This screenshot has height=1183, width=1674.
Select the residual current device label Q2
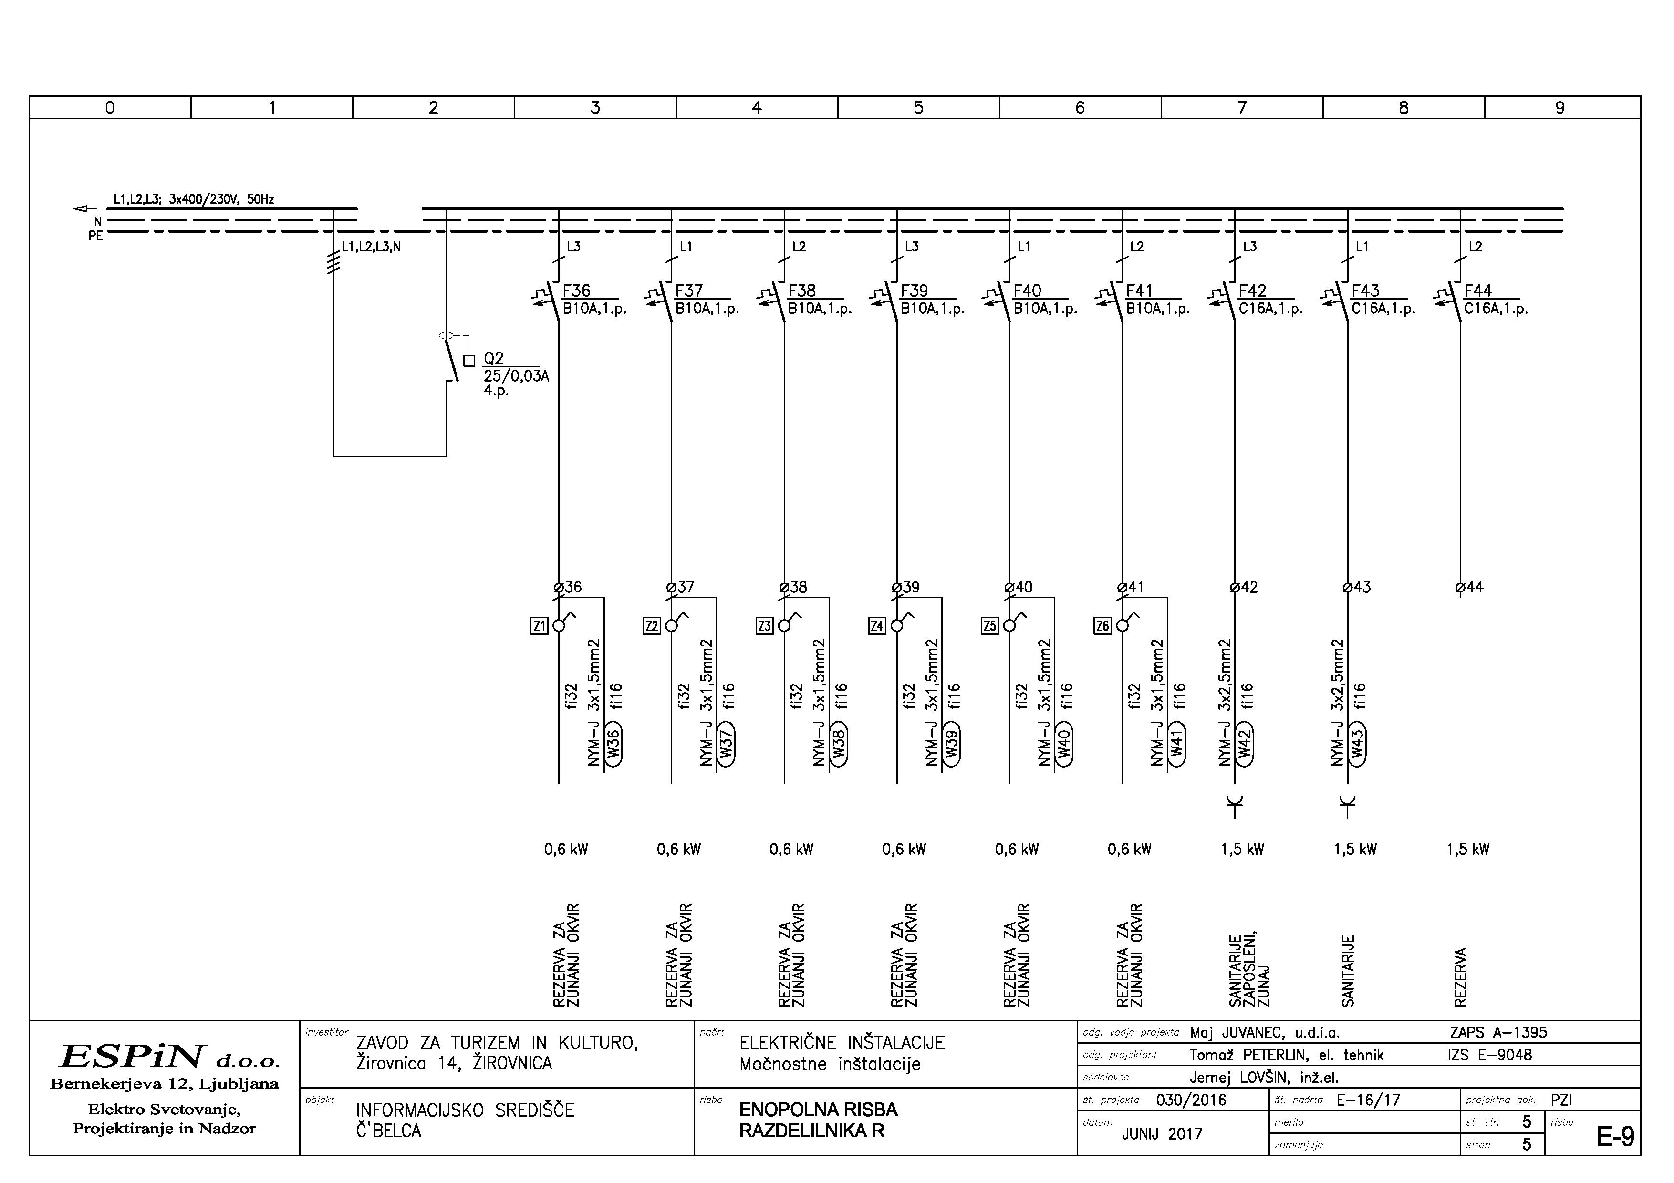[x=494, y=359]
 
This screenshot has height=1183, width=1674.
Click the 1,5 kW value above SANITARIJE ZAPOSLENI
[x=1242, y=849]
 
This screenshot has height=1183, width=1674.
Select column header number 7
[x=1242, y=108]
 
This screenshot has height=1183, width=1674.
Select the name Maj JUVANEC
[x=1237, y=1033]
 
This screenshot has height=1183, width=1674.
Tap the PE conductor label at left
[x=95, y=236]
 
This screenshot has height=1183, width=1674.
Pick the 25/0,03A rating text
[x=516, y=376]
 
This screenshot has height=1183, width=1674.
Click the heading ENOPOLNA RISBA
[x=818, y=1110]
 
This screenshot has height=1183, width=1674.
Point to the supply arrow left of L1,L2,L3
[x=81, y=209]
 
